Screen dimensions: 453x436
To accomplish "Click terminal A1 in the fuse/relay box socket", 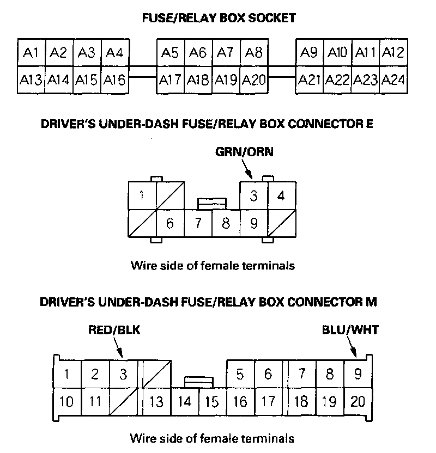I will (31, 53).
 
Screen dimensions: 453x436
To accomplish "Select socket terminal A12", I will (392, 53).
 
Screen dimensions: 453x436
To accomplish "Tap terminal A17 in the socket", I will (171, 81).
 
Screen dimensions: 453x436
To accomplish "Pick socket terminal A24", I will (392, 81).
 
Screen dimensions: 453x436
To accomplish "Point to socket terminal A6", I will (198, 53).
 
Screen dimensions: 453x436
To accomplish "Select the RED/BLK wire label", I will (114, 329).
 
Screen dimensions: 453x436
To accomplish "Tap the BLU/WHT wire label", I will (349, 329).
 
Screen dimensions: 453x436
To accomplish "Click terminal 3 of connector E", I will (253, 195).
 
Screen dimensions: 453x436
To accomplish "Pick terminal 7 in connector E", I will (198, 223).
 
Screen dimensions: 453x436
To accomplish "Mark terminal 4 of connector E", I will (281, 195).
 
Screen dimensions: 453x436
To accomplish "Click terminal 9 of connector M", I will (358, 374).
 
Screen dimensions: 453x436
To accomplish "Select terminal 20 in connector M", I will (358, 402).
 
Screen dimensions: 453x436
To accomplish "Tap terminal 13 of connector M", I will (156, 402).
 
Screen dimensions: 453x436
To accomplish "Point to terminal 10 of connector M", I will (66, 402).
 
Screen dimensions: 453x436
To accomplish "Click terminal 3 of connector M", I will (123, 374).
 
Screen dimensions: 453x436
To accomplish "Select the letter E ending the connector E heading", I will (370, 124).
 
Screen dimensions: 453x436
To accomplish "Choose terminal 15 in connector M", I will (212, 402).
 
